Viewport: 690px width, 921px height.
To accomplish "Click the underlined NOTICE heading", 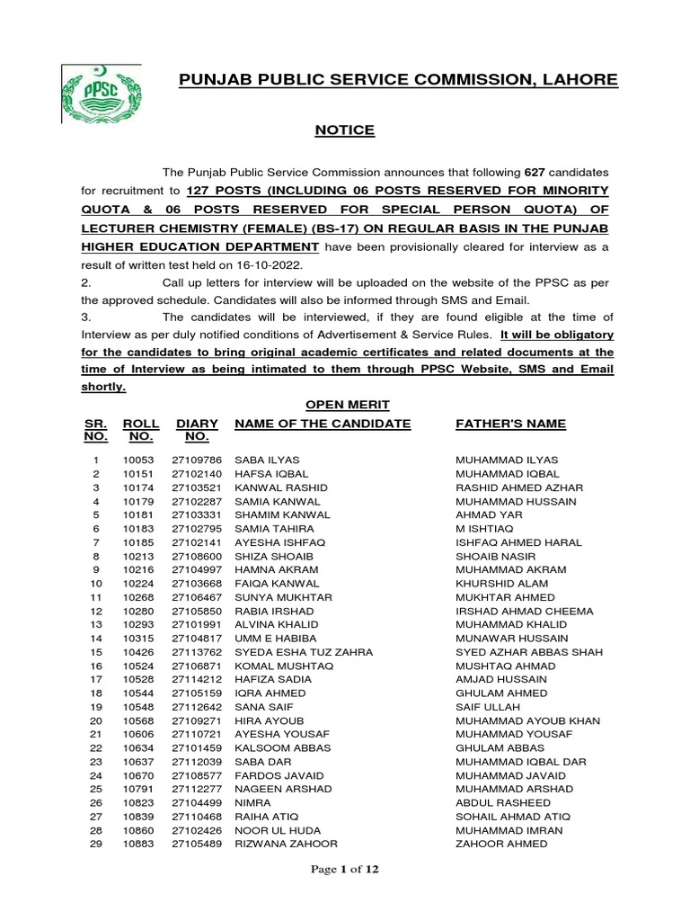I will (344, 130).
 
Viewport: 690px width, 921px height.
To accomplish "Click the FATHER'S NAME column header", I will (511, 424).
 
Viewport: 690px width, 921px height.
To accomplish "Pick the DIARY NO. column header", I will (197, 430).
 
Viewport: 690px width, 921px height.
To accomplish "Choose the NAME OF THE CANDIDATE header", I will (323, 424).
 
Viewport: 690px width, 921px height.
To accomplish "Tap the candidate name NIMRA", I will (250, 803).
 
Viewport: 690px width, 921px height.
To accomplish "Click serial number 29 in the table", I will (95, 844).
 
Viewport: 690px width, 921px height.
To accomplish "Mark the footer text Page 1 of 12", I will (344, 870).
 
